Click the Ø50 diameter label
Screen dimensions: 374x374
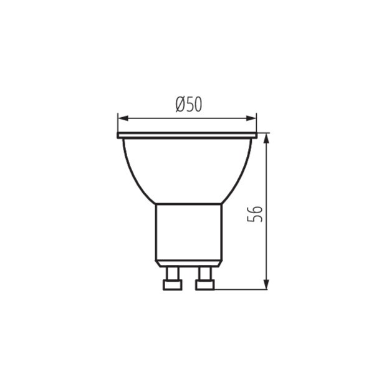(x=189, y=104)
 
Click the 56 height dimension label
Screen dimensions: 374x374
(x=254, y=214)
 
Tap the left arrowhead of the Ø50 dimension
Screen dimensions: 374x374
(x=123, y=118)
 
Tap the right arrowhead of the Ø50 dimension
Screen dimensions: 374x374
(x=251, y=118)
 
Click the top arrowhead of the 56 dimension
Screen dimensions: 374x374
(x=266, y=138)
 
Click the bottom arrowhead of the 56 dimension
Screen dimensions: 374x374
(x=266, y=284)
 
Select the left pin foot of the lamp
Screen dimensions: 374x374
(x=173, y=285)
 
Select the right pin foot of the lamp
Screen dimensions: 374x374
(x=205, y=285)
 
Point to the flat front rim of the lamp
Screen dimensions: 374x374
(x=187, y=135)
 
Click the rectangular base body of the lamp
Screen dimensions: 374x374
(x=189, y=232)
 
